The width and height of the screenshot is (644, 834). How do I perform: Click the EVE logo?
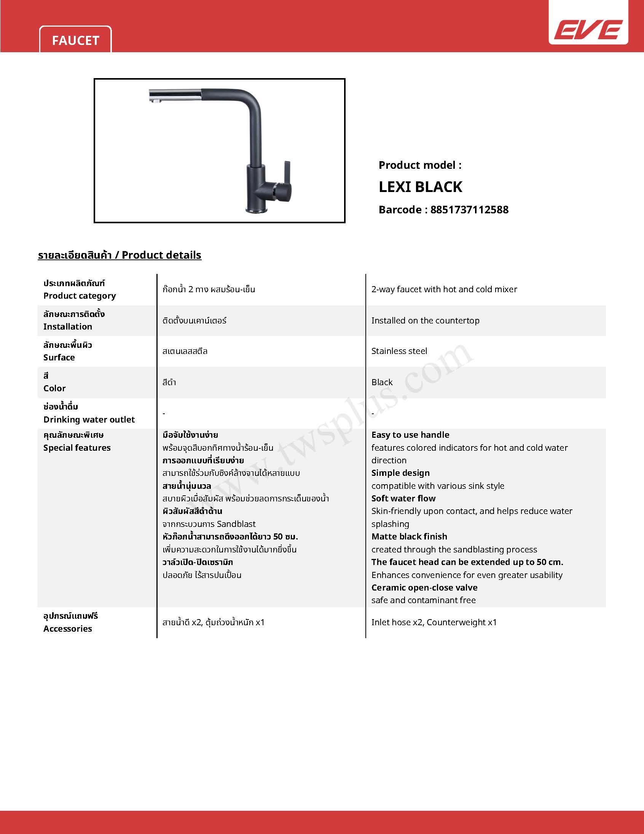tap(588, 29)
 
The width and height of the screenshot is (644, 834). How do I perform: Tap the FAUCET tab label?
tap(75, 40)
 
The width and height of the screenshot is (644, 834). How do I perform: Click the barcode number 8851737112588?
tap(469, 210)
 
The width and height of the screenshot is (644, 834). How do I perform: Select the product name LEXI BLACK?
tap(421, 187)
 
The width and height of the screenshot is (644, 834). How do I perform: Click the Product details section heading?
tap(120, 255)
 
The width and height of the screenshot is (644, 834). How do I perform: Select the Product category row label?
tap(79, 296)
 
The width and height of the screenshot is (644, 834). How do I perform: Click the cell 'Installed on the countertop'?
tap(425, 320)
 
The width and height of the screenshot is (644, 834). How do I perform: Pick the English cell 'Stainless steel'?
tap(399, 351)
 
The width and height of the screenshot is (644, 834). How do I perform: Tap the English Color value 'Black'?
tap(382, 382)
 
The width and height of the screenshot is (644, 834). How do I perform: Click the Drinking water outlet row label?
tap(89, 419)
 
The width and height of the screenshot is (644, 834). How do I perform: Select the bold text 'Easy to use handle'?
tap(410, 435)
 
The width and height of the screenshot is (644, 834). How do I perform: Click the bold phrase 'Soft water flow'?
tap(403, 498)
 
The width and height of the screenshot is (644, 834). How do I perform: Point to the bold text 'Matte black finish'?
tap(409, 536)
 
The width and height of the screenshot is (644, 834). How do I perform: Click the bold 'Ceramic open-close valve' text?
tap(424, 587)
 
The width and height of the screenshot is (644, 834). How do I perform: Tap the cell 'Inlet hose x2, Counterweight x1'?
tap(434, 622)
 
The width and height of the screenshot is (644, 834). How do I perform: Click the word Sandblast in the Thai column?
tap(236, 524)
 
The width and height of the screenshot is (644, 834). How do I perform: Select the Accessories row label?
tap(67, 629)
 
